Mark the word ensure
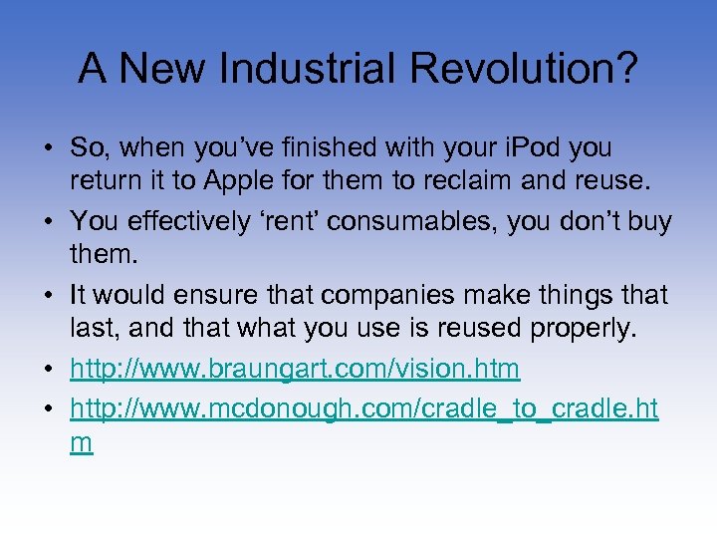click(209, 296)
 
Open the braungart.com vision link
click(295, 370)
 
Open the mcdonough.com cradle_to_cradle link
click(363, 409)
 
